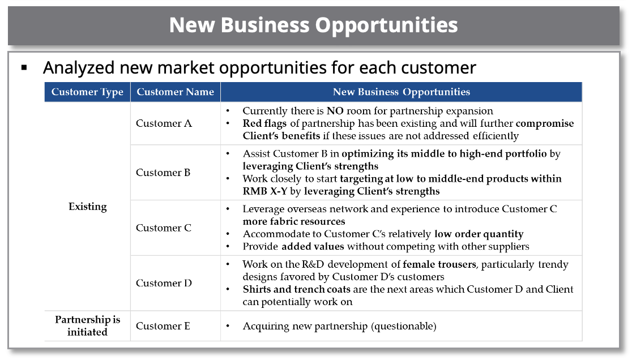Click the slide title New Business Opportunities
pyautogui.click(x=313, y=25)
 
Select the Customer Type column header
pyautogui.click(x=87, y=92)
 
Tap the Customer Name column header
pyautogui.click(x=175, y=92)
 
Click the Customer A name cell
pyautogui.click(x=164, y=123)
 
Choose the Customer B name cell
pyautogui.click(x=163, y=172)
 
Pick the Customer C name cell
pyautogui.click(x=163, y=228)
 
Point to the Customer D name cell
pyautogui.click(x=164, y=283)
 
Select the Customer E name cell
pyautogui.click(x=163, y=326)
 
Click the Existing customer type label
pyautogui.click(x=87, y=207)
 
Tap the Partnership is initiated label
pyautogui.click(x=87, y=326)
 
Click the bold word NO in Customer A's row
pyautogui.click(x=335, y=111)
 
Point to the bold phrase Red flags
pyautogui.click(x=264, y=123)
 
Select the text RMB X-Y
pyautogui.click(x=265, y=191)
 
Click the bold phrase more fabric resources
pyautogui.click(x=294, y=221)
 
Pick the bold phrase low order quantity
pyautogui.click(x=479, y=234)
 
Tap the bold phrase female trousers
pyautogui.click(x=439, y=264)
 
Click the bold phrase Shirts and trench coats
pyautogui.click(x=296, y=289)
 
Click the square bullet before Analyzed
pyautogui.click(x=24, y=68)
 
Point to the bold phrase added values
pyautogui.click(x=313, y=246)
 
